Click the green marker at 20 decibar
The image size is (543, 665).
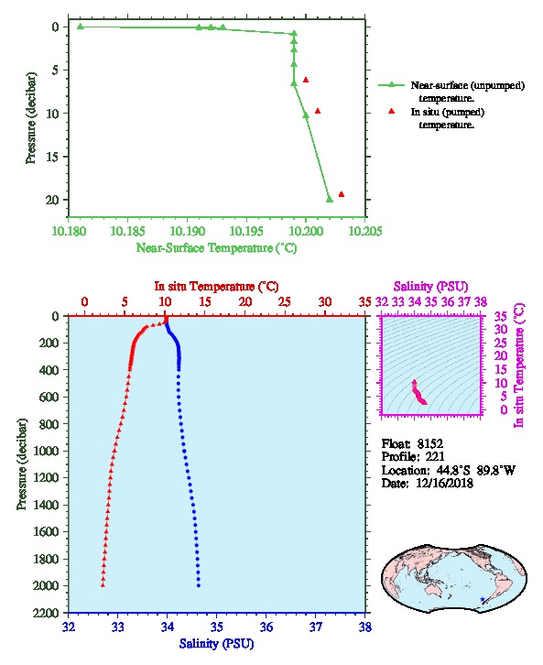coord(330,200)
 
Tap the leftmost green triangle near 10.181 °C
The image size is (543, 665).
coord(81,27)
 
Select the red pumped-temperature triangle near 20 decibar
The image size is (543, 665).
coord(342,195)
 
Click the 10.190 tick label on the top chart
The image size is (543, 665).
coord(188,231)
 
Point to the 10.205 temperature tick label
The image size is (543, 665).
coord(365,231)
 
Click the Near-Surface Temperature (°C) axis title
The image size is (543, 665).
coord(216,248)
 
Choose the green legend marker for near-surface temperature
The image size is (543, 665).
coord(391,85)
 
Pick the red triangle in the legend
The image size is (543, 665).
coord(391,111)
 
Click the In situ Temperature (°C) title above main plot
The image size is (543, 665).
coord(216,287)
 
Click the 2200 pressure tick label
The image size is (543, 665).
coord(46,613)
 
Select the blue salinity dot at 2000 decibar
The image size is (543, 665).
coord(199,585)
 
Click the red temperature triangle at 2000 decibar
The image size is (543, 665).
coord(103,584)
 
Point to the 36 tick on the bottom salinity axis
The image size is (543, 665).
coord(266,627)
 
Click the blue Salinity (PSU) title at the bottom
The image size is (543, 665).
coord(217,644)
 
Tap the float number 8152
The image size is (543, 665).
coord(429,444)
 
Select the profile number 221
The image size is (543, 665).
coord(435,457)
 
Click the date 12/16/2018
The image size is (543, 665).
coord(444,483)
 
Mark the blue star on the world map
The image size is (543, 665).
coord(483,600)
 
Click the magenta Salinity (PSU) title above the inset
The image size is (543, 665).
coord(430,287)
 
